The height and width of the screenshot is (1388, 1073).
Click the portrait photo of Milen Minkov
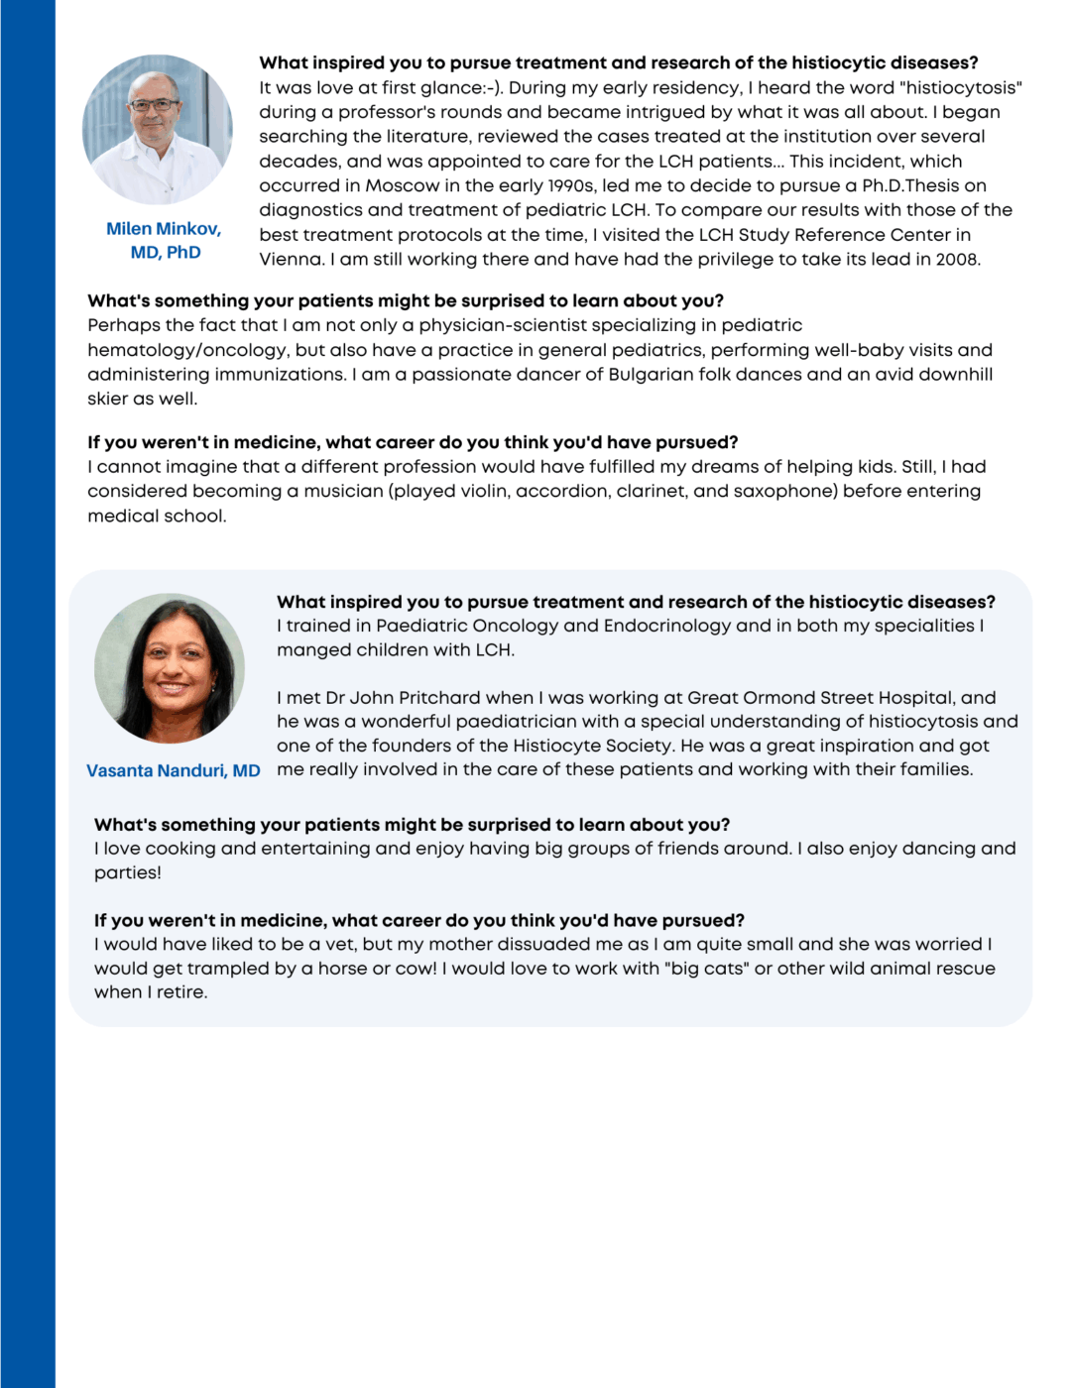coord(158,130)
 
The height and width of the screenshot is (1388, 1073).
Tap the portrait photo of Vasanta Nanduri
coord(170,668)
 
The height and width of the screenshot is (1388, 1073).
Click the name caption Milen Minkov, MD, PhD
coord(165,241)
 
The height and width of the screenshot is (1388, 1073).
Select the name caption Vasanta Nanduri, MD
coord(174,770)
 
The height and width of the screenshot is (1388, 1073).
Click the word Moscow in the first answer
coord(403,185)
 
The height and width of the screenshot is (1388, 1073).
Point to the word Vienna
coord(292,260)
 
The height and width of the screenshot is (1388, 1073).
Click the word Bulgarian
coord(656,375)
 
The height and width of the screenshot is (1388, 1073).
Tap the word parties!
coord(127,872)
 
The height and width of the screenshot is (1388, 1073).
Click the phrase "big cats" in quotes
coord(708,969)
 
